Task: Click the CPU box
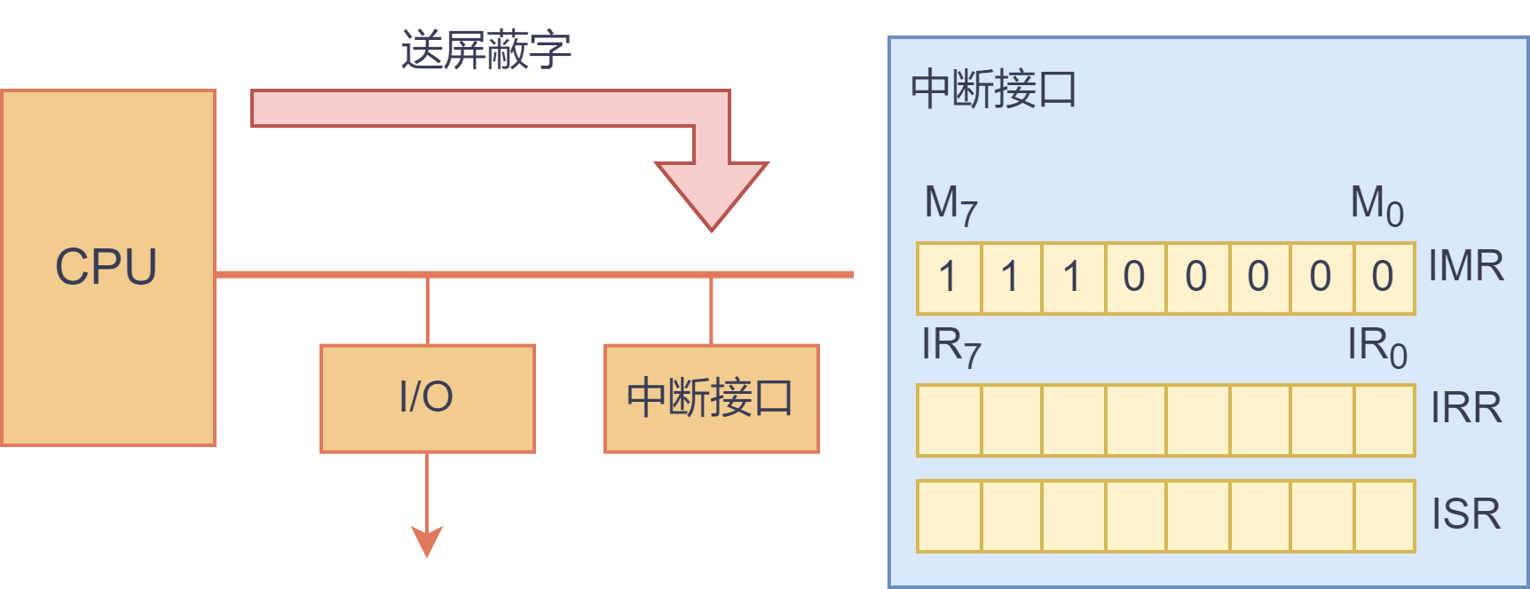[x=108, y=267]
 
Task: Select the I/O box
[x=427, y=398]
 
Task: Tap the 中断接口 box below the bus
[x=711, y=398]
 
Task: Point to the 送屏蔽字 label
[x=485, y=50]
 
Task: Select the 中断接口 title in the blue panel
[x=993, y=90]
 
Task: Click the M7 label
[x=950, y=204]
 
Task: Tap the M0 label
[x=1376, y=204]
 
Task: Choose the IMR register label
[x=1466, y=266]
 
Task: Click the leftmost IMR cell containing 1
[x=949, y=278]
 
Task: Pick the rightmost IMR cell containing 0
[x=1384, y=278]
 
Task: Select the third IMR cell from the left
[x=1073, y=278]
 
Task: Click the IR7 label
[x=950, y=346]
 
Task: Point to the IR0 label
[x=1376, y=346]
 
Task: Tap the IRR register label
[x=1466, y=408]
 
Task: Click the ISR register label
[x=1466, y=514]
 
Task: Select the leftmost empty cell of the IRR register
[x=949, y=420]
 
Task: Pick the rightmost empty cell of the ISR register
[x=1384, y=515]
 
